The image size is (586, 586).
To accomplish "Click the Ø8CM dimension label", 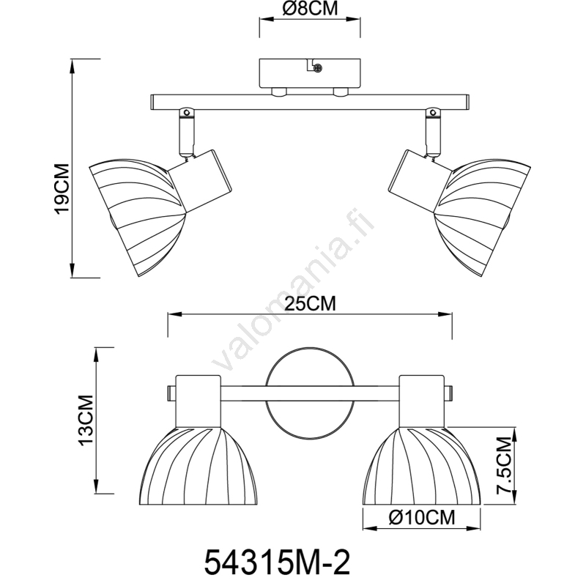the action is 310,9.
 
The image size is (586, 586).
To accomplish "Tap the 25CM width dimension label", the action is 310,304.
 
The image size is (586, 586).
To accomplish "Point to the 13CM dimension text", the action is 84,420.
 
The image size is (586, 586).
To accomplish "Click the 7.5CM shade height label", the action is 503,465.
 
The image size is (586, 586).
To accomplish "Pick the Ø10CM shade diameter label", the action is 422,518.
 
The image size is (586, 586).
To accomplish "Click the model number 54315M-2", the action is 277,563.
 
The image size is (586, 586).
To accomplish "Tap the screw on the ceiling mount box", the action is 318,68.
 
